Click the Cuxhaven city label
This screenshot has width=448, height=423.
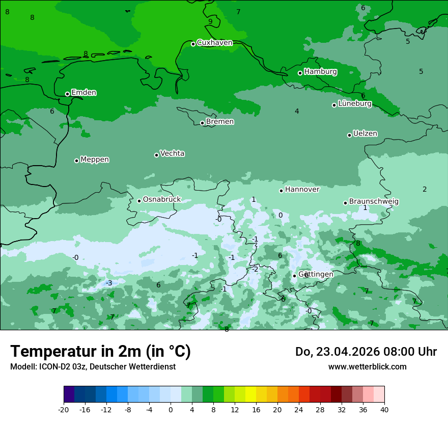[214, 43]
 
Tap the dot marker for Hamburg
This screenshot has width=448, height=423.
[300, 73]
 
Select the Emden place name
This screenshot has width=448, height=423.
[83, 93]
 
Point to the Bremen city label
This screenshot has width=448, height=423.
[219, 122]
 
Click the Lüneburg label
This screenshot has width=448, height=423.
[355, 104]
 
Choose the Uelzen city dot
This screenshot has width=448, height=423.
[350, 135]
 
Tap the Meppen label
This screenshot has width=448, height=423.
[95, 160]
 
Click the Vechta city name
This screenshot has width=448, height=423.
[172, 153]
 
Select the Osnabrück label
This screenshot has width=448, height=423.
[162, 200]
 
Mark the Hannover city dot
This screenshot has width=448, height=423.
[281, 191]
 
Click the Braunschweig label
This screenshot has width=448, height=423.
[374, 202]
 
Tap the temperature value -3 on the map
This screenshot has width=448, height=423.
[109, 283]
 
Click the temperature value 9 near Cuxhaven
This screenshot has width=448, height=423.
[210, 21]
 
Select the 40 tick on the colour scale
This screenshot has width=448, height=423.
[384, 409]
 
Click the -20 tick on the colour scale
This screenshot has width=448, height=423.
[64, 409]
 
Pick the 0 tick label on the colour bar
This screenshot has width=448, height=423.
[171, 409]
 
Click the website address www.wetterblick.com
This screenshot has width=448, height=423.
[367, 366]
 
